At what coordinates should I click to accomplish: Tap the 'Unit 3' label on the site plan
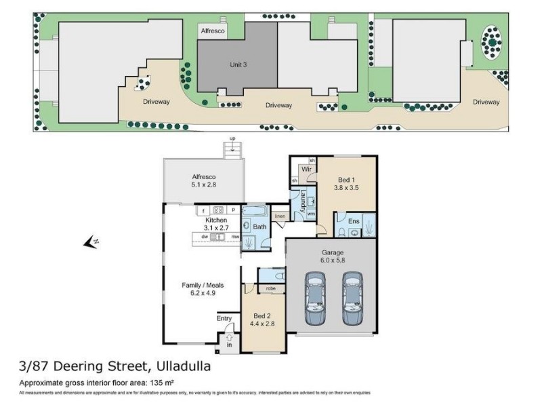coord(236,64)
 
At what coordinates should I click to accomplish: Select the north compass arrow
coord(90,241)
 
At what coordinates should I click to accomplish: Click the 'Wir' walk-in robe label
coord(306,169)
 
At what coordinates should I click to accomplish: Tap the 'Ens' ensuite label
coord(352,220)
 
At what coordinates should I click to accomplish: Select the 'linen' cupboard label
coord(279,216)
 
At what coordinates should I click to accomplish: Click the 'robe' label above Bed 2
coord(270,288)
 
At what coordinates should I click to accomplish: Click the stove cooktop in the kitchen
coord(218,210)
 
